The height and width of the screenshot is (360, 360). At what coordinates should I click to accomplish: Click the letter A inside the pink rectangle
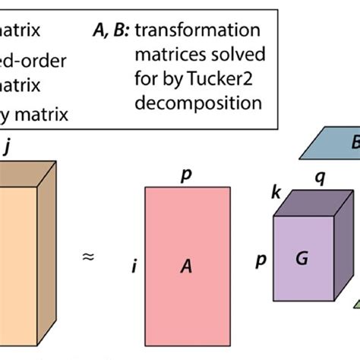tap(185, 266)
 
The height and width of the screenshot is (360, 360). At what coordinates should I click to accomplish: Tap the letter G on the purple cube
tap(302, 259)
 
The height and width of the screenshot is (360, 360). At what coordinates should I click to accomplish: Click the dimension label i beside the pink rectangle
tap(134, 267)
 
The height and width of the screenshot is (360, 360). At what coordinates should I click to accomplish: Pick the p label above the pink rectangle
tap(185, 176)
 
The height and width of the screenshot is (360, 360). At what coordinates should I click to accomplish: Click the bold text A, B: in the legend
tap(109, 31)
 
